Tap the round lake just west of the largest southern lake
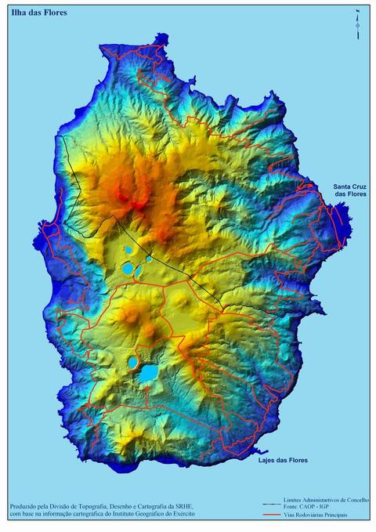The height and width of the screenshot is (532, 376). (x=133, y=365)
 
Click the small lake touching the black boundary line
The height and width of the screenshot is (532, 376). (x=148, y=259)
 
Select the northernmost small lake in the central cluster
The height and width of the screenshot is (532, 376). (x=128, y=250)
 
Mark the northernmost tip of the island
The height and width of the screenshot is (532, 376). (x=161, y=34)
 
